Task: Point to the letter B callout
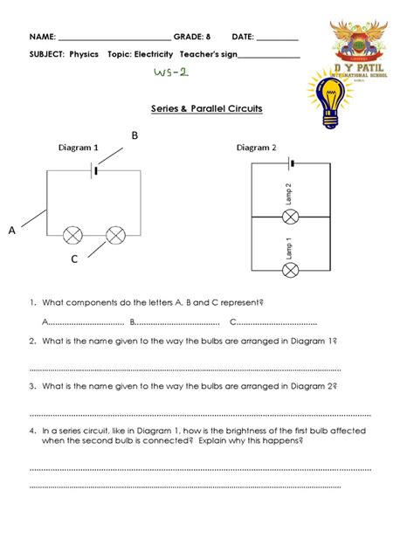click(x=135, y=135)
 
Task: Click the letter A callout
click(x=12, y=231)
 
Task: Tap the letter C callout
click(x=74, y=259)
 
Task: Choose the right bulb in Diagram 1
click(x=114, y=235)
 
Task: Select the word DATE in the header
click(x=242, y=38)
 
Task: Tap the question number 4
click(x=32, y=431)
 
